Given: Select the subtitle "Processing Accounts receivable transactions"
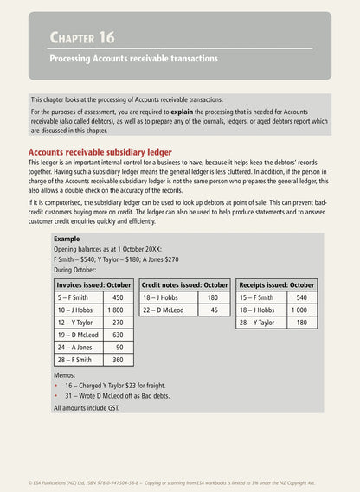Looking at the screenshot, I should pos(133,59).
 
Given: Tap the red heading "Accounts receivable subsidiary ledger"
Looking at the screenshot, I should pos(100,152).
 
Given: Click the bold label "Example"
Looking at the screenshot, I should pos(67,238).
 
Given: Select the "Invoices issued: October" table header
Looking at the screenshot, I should pos(93,284).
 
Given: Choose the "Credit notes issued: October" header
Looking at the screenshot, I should pos(184,284).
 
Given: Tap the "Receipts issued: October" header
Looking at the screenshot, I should pos(277,284).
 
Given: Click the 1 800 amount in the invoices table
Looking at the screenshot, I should pos(115,310).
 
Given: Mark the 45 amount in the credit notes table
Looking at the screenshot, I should pos(213,310).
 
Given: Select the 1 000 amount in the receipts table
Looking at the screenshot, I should pos(299,310).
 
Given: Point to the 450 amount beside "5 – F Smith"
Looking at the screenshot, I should pos(118,297).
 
